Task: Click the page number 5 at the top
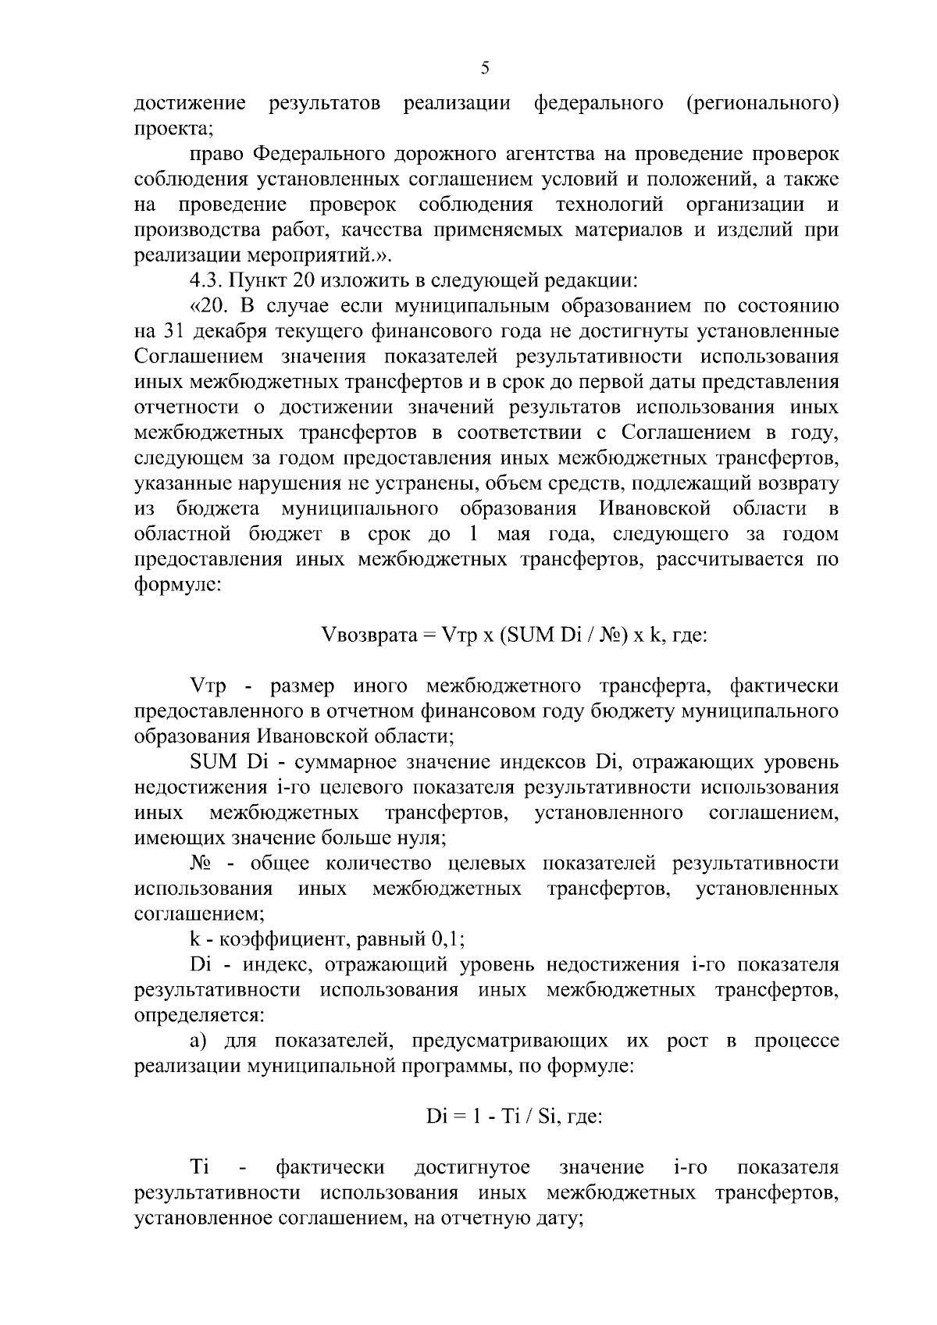[x=485, y=68]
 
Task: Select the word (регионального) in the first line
[x=762, y=103]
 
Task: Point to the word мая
[x=508, y=535]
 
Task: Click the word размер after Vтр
[x=301, y=687]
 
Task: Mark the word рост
[x=687, y=1042]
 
